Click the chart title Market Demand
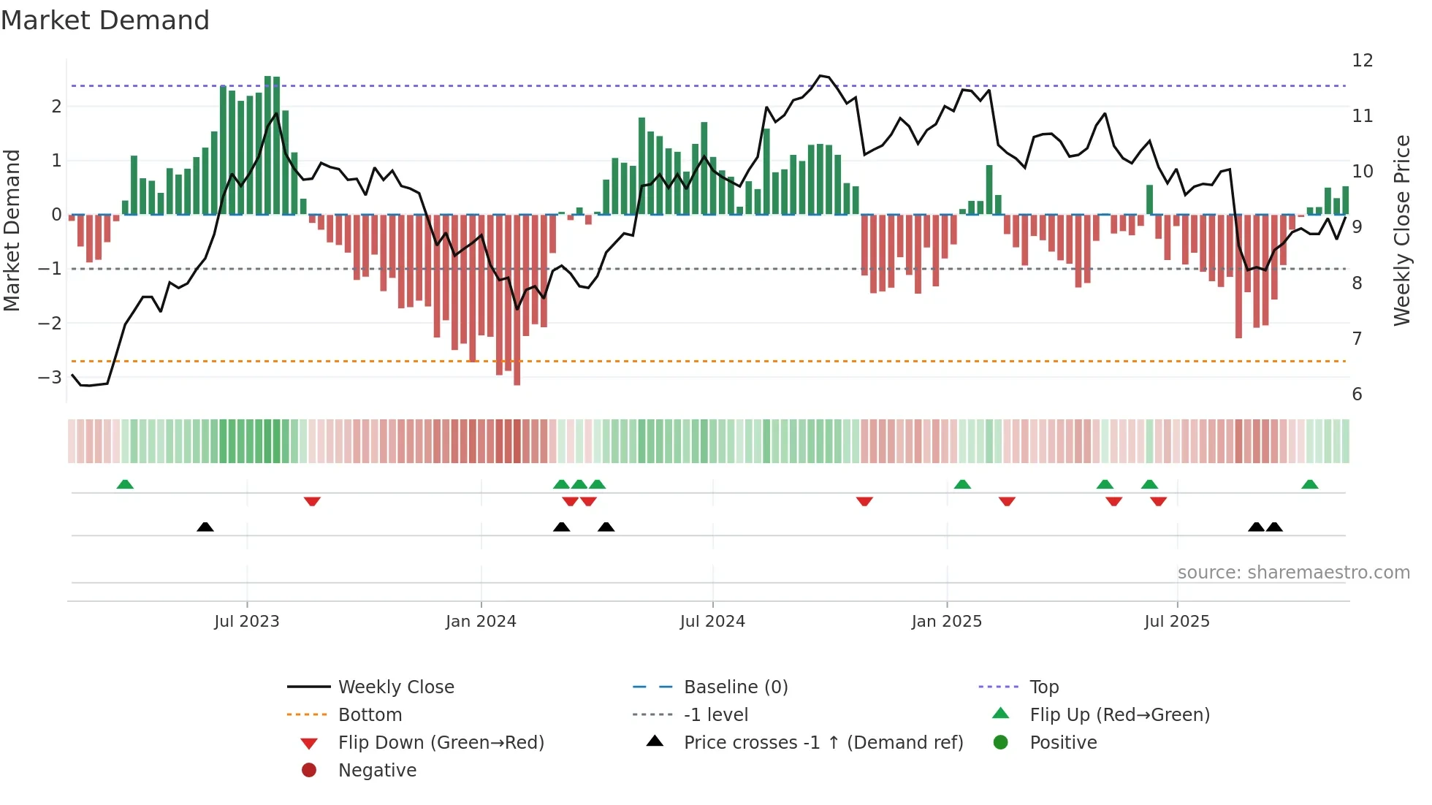coord(105,20)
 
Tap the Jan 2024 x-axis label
coord(481,622)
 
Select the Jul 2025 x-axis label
coord(1177,622)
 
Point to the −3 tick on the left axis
coord(50,378)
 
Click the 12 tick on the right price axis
coord(1362,61)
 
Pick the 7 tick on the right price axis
coord(1357,339)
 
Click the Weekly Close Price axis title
coord(1401,230)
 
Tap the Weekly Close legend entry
coord(395,687)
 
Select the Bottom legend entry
coord(370,715)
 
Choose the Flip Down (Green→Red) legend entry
coord(441,743)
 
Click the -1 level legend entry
coord(715,715)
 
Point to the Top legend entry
coord(1043,687)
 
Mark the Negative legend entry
coord(377,771)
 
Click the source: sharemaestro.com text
coord(1293,573)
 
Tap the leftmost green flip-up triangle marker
coord(125,484)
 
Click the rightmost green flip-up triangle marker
coord(1310,484)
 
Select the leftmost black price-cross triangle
coord(205,527)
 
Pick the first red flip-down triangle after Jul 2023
coord(312,501)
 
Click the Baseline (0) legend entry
coord(735,687)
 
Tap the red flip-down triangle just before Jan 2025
coord(864,501)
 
